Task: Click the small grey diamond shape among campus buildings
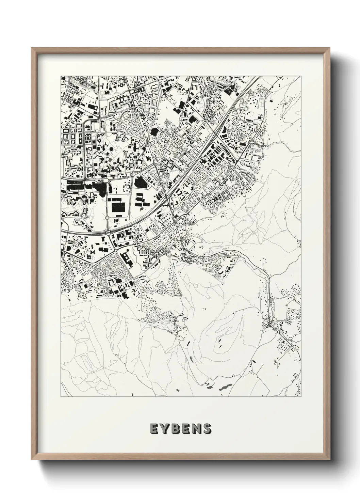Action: tap(109, 159)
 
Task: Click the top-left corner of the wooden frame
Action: tap(32, 48)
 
